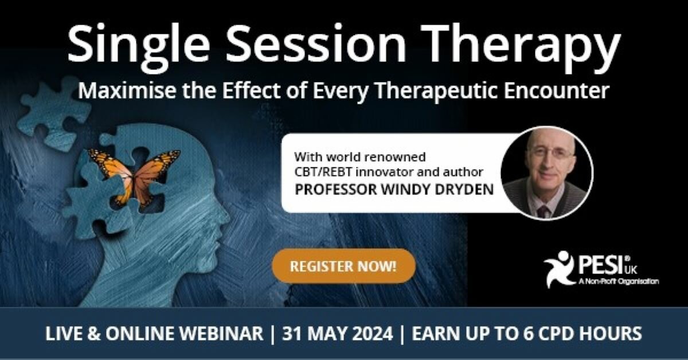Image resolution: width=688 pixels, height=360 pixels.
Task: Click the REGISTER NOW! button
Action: pyautogui.click(x=343, y=266)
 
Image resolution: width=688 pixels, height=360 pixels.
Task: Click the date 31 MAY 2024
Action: pyautogui.click(x=338, y=334)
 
